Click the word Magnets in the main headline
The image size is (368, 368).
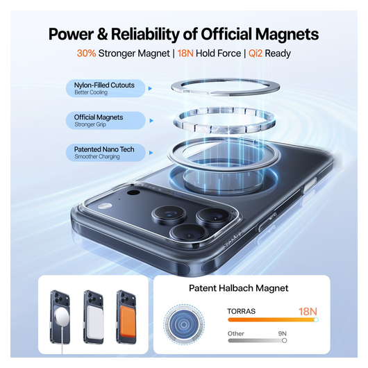pos(287,34)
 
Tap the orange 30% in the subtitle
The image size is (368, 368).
pos(86,53)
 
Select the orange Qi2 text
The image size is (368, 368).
pos(256,53)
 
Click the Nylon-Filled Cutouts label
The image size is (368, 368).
pos(104,85)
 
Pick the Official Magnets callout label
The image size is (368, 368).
pos(99,117)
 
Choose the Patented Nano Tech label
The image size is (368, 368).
pos(104,149)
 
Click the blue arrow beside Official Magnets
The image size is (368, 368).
pos(151,121)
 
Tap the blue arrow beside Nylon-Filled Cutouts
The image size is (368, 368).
pos(150,88)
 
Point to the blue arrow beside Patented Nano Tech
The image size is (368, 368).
pos(151,153)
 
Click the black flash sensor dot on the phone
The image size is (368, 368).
pos(133,193)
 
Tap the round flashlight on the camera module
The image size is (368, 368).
pos(105,206)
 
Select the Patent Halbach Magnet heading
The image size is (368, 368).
pos(238,288)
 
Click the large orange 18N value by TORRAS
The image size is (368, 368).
pos(308,312)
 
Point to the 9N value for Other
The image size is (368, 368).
pos(283,333)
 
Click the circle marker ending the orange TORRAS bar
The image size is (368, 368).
pos(316,319)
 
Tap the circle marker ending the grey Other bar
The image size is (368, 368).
pos(284,340)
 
